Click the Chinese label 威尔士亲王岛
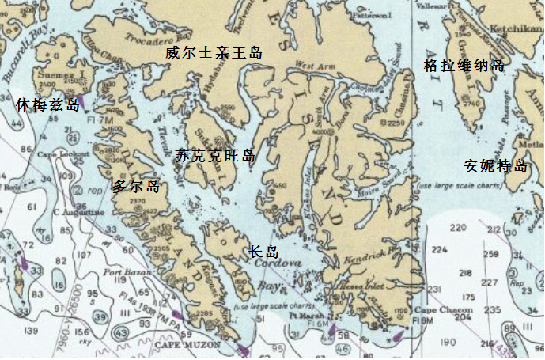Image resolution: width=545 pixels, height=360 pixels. (214, 53)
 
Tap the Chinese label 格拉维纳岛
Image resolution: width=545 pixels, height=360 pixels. (464, 65)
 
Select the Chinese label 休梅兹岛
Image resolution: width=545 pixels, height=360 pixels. (47, 104)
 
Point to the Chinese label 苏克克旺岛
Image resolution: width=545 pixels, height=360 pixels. (215, 156)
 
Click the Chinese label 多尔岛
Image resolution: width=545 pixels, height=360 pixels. (135, 187)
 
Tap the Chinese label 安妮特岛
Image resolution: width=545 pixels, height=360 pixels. (495, 166)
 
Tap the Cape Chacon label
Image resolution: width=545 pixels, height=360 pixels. (437, 309)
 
